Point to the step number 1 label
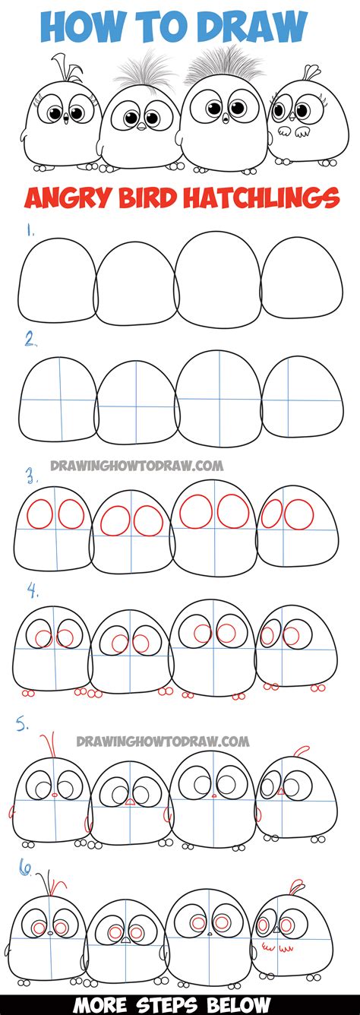pos(29,227)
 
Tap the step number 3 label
pos(31,477)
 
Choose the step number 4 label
pos(31,589)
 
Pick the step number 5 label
pos(24,726)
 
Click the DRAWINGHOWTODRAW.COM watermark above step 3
pos(137,465)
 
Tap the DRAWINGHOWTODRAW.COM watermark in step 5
pos(163,739)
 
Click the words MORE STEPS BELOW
pos(180,1002)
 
